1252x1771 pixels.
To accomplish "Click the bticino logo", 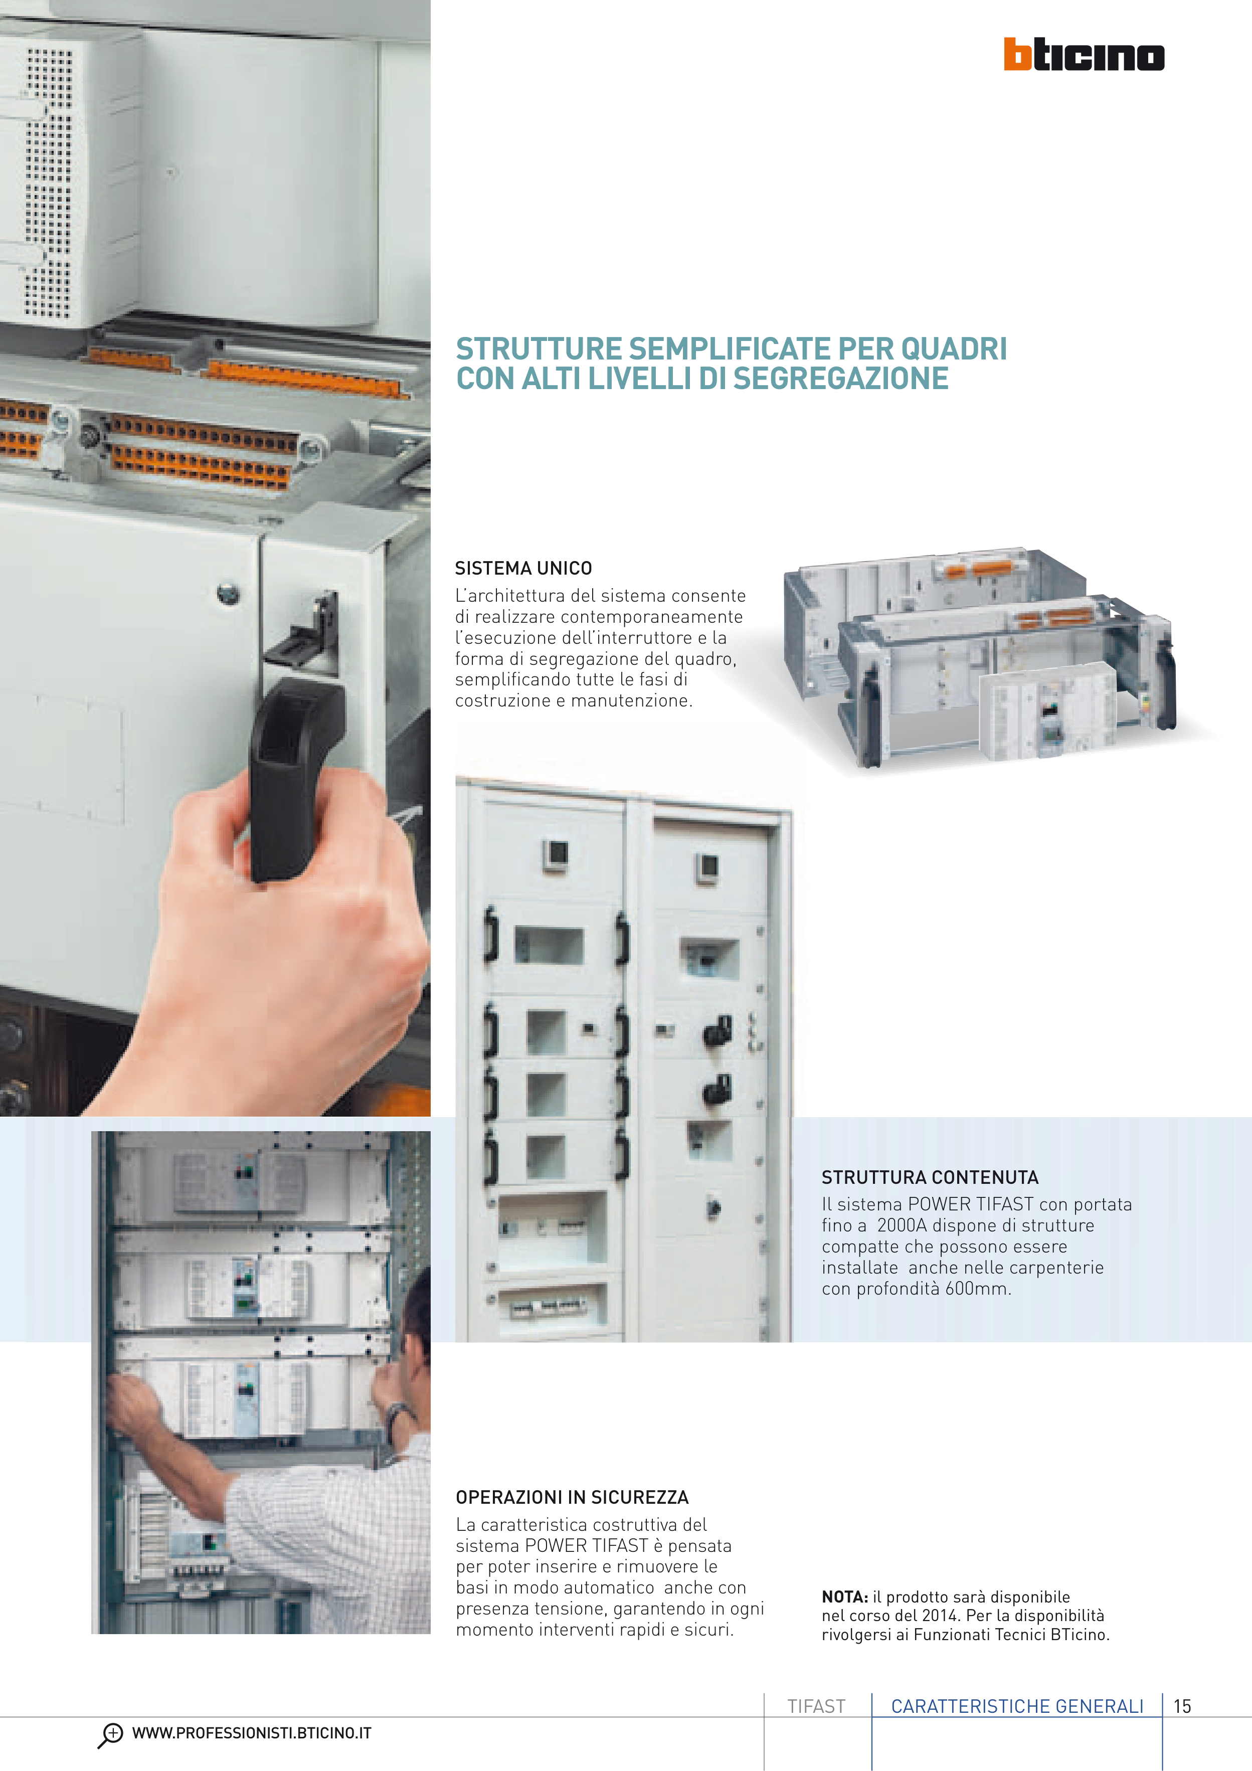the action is (x=1084, y=54).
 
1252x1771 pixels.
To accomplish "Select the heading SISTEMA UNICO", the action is (x=523, y=569).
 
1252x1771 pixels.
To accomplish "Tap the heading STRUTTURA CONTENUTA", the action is (x=930, y=1177).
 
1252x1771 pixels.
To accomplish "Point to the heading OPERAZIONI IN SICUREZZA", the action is (x=572, y=1497).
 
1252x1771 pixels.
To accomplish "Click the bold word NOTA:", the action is (x=845, y=1597).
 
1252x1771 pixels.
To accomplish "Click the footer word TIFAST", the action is (x=816, y=1706).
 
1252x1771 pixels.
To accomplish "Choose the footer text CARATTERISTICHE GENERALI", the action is (x=1017, y=1706).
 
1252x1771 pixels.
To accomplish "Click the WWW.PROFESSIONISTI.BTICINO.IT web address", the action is (x=252, y=1733).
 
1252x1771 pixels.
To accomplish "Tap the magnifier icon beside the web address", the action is (x=110, y=1735).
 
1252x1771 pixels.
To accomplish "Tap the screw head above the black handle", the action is (x=228, y=594).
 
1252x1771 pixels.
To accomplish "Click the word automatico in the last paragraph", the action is (x=609, y=1587).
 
